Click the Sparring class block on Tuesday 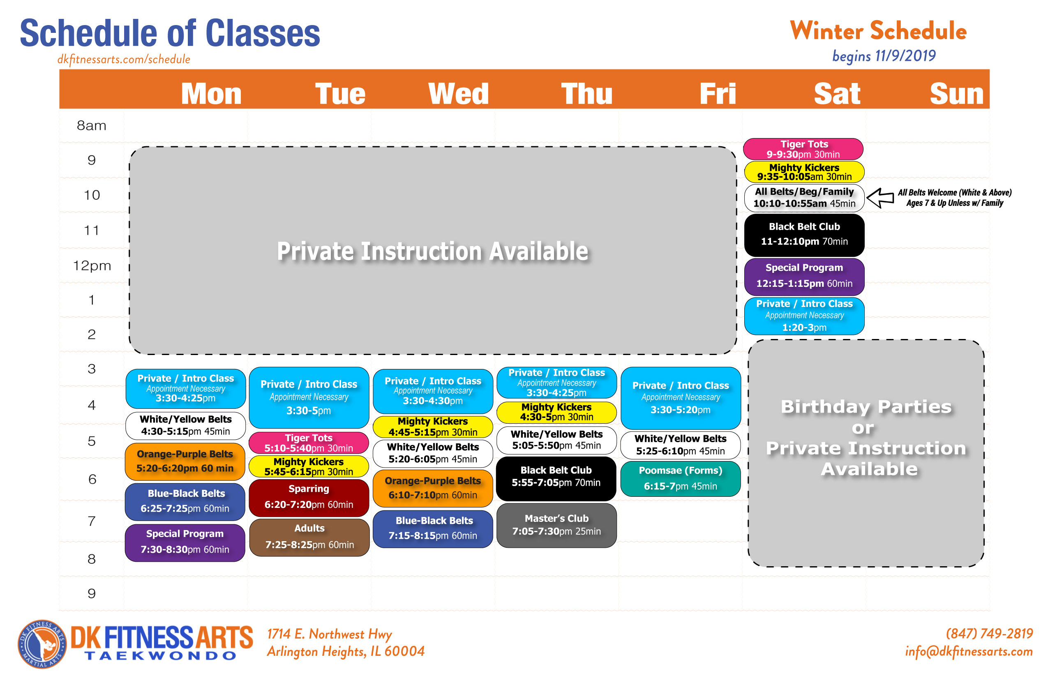[x=309, y=498]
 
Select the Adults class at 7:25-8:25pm [x=309, y=537]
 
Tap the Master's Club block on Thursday [x=556, y=525]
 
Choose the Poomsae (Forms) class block [x=680, y=479]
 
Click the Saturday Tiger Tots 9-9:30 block [x=803, y=149]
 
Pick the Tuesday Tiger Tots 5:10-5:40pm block [x=309, y=443]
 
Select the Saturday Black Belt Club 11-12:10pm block [x=804, y=235]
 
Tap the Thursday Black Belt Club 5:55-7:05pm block [x=556, y=479]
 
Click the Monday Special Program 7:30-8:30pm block [x=185, y=542]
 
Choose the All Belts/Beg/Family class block [x=804, y=198]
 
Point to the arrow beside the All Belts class [x=880, y=198]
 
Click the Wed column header [x=458, y=93]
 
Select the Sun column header [x=956, y=93]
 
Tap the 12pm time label [x=92, y=265]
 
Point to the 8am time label [x=92, y=125]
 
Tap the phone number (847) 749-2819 [x=989, y=633]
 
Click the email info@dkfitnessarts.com [x=969, y=651]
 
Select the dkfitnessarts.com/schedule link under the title [x=124, y=60]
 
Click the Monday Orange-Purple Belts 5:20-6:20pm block [x=185, y=461]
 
